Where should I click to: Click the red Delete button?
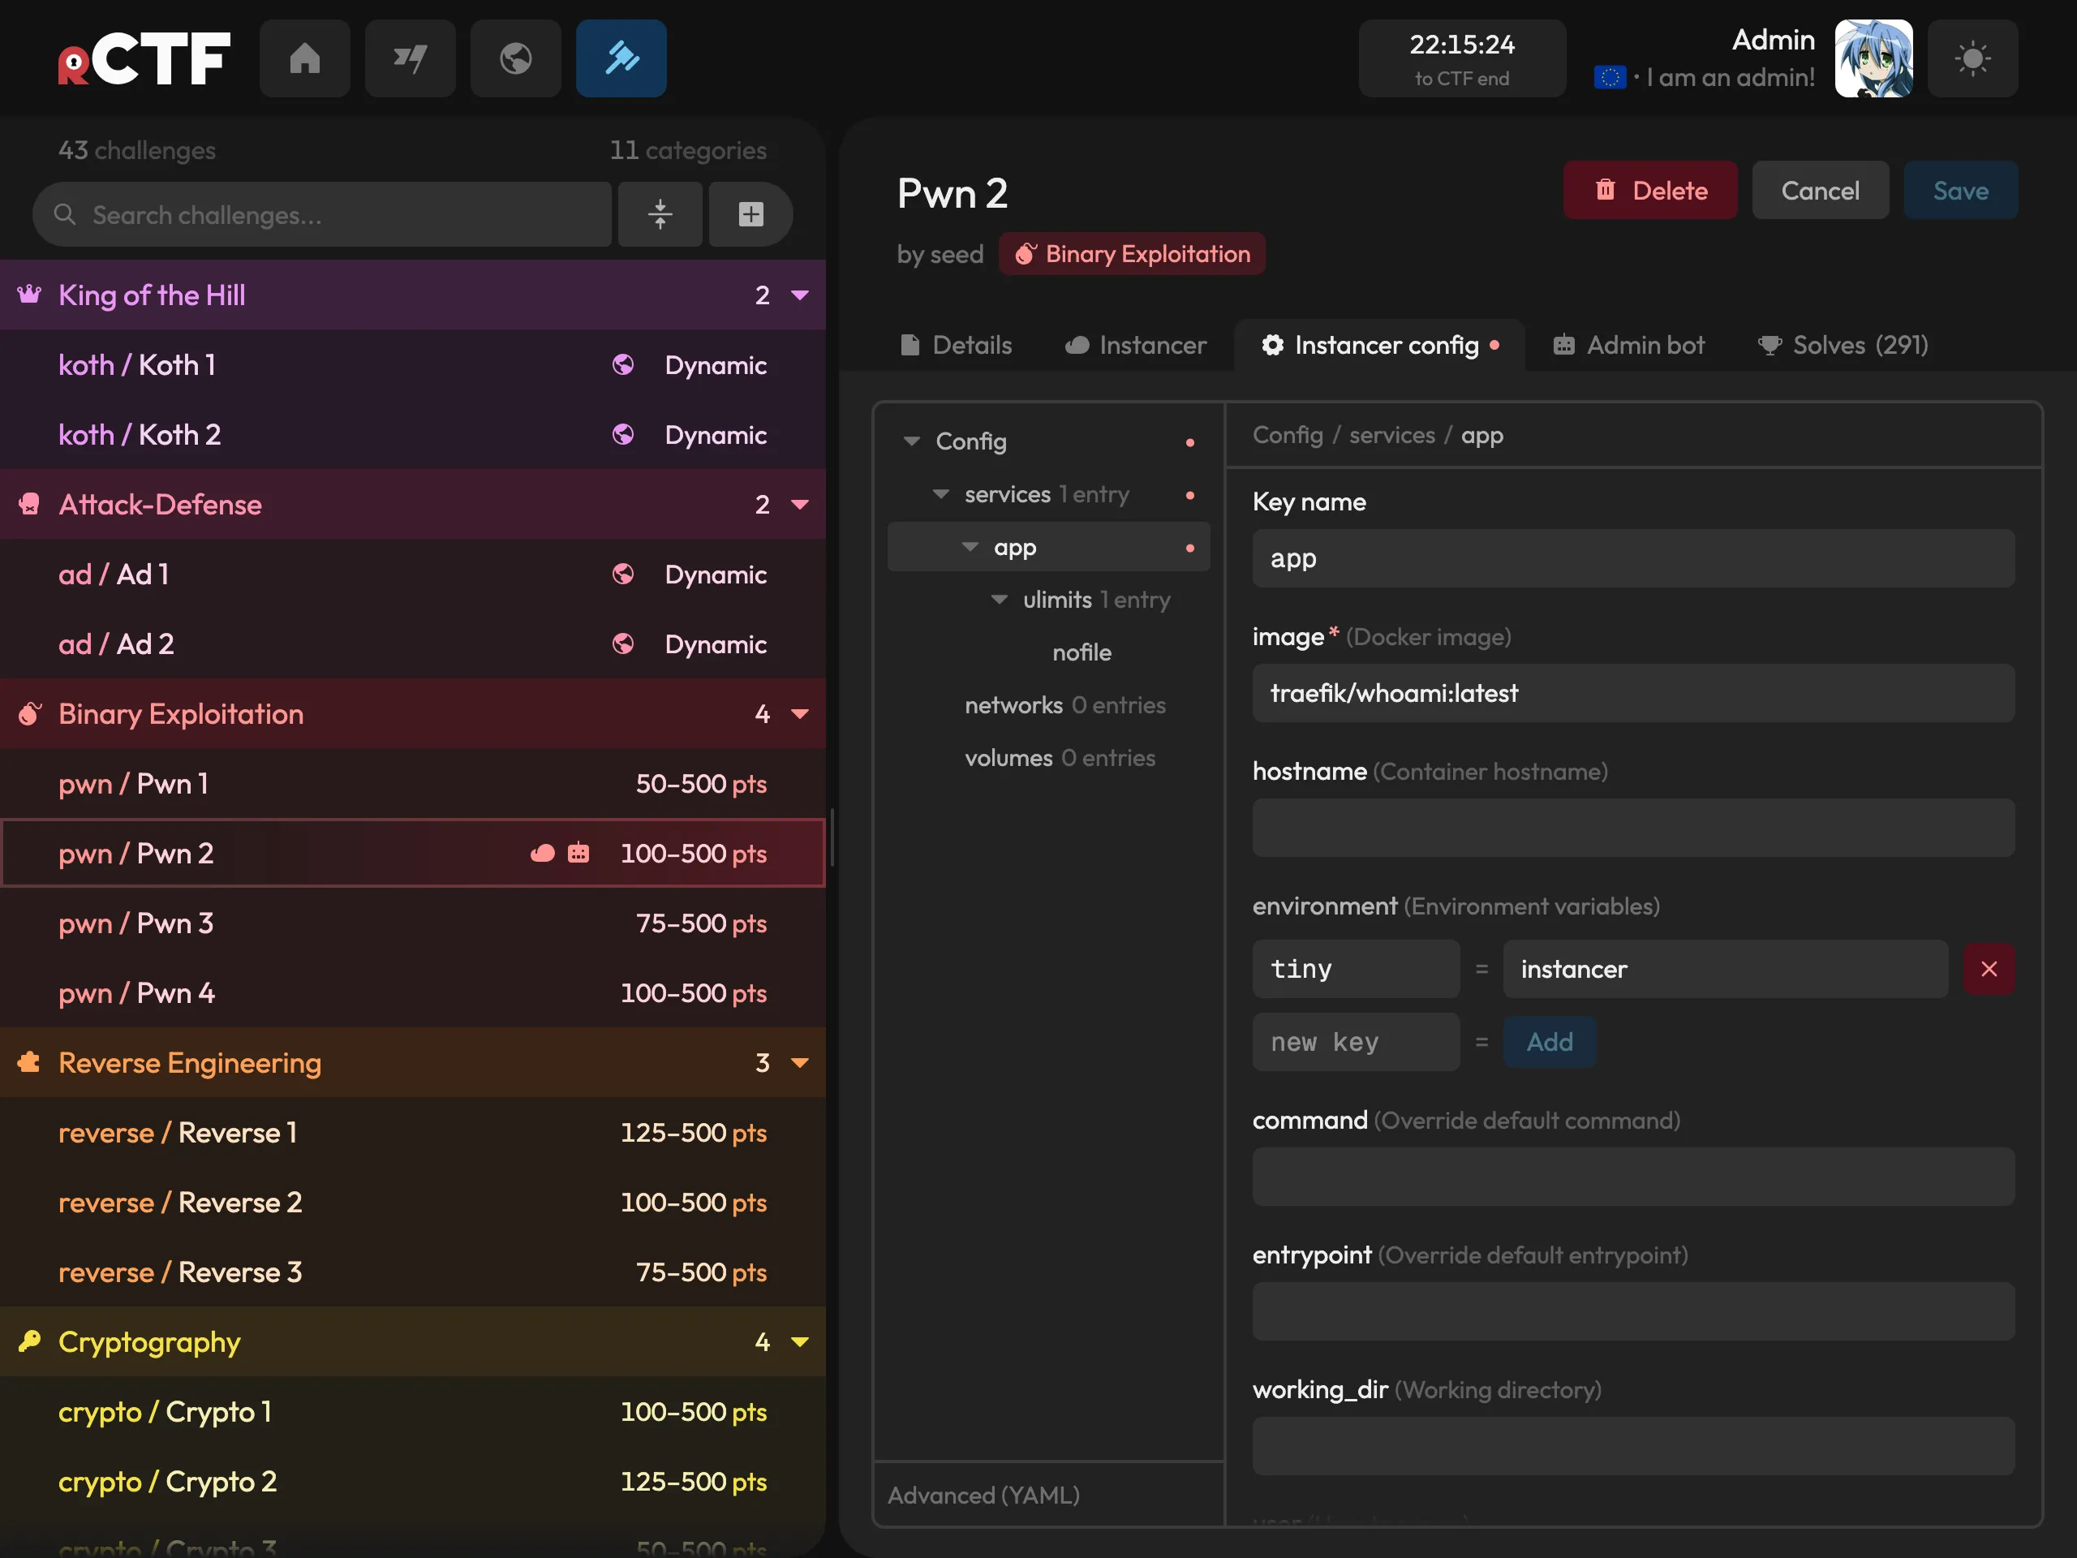(1649, 191)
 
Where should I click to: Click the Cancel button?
(1820, 191)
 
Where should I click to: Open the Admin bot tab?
(1628, 345)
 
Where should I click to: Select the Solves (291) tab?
(1843, 345)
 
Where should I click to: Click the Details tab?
(956, 345)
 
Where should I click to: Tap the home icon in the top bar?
(305, 58)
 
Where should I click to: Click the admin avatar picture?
(1873, 58)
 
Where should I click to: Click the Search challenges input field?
(322, 215)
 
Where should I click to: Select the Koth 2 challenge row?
(413, 435)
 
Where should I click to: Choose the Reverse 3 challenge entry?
(413, 1272)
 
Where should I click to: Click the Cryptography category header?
(413, 1342)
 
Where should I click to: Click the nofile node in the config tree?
(1082, 652)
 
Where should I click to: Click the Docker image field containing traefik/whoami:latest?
(1633, 693)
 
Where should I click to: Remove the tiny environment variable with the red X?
(1989, 969)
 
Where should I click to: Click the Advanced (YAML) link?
(983, 1495)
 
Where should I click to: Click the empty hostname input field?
(1633, 828)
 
